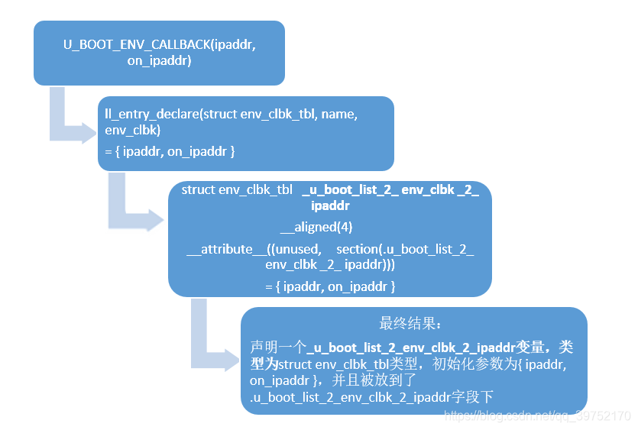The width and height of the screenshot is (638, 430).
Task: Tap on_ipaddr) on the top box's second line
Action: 159,60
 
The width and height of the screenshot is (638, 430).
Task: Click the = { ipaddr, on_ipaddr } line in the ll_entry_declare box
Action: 170,151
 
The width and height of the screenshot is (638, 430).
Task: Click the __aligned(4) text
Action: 316,227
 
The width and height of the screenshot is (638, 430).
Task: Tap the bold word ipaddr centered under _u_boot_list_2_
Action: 330,205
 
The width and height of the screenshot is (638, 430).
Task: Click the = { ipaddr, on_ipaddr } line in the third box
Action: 330,286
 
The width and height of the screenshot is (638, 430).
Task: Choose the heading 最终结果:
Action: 410,323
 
